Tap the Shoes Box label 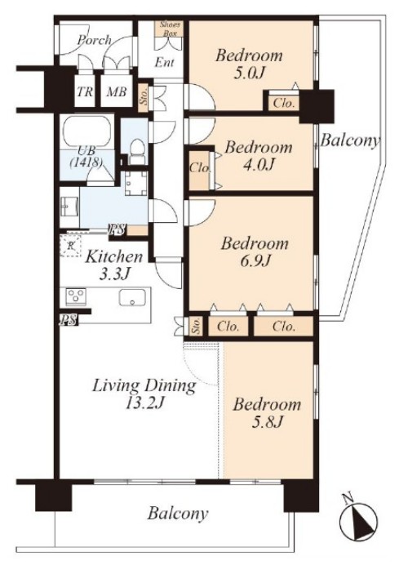point(170,29)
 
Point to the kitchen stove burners point(76,297)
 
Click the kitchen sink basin point(132,297)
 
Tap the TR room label point(85,92)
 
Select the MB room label point(117,92)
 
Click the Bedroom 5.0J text point(249,65)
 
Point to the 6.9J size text point(255,260)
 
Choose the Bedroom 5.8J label point(267,412)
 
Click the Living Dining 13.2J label point(144,394)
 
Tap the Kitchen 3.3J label point(114,265)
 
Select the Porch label point(95,40)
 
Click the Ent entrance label point(165,62)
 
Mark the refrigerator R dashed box point(71,246)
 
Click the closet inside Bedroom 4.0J point(199,169)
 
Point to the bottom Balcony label point(178,513)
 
